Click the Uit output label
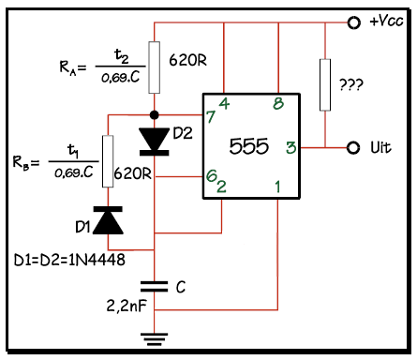[380, 148]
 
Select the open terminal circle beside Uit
[353, 148]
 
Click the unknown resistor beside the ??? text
[324, 84]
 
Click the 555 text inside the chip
[250, 146]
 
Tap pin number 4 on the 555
[224, 103]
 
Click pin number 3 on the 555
[290, 147]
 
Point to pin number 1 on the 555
[278, 187]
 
